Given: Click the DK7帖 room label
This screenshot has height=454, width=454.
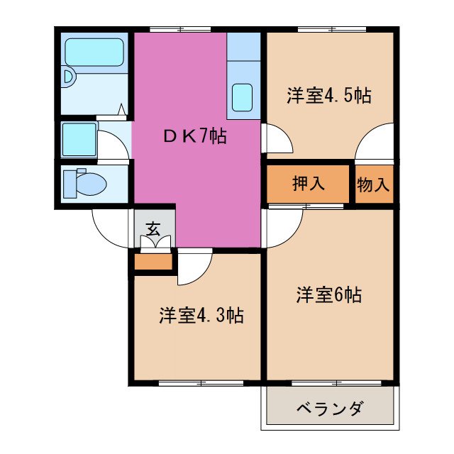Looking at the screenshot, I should pyautogui.click(x=191, y=137).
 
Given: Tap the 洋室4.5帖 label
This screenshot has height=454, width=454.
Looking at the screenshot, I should pyautogui.click(x=329, y=96).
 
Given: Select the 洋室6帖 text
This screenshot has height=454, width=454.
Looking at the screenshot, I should pyautogui.click(x=328, y=295).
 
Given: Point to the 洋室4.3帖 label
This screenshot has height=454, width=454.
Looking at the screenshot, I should pyautogui.click(x=201, y=315).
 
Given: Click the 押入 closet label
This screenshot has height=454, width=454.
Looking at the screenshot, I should pyautogui.click(x=309, y=184).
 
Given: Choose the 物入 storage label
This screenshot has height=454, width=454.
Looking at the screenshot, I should pyautogui.click(x=373, y=184).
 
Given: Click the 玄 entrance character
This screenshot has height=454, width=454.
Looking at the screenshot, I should pyautogui.click(x=153, y=228).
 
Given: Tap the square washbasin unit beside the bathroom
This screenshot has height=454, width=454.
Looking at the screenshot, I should pyautogui.click(x=79, y=140).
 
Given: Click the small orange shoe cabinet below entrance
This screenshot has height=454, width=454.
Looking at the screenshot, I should pyautogui.click(x=153, y=263).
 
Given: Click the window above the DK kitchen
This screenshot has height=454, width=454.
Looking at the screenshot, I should pyautogui.click(x=180, y=29).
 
